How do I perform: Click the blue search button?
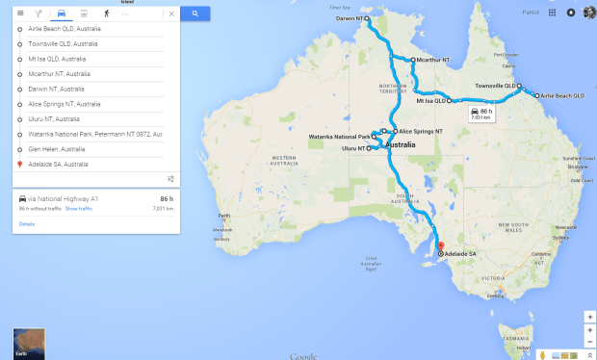[195, 14]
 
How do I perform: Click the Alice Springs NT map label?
[421, 130]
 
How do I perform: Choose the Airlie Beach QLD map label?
[564, 96]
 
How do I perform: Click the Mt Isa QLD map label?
[430, 100]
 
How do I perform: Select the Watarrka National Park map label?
[339, 137]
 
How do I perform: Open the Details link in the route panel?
[26, 223]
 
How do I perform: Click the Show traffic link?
[79, 208]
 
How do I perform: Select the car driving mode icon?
[62, 14]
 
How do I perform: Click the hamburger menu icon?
[20, 14]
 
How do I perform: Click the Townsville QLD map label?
[495, 87]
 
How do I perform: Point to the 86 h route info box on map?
[481, 113]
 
